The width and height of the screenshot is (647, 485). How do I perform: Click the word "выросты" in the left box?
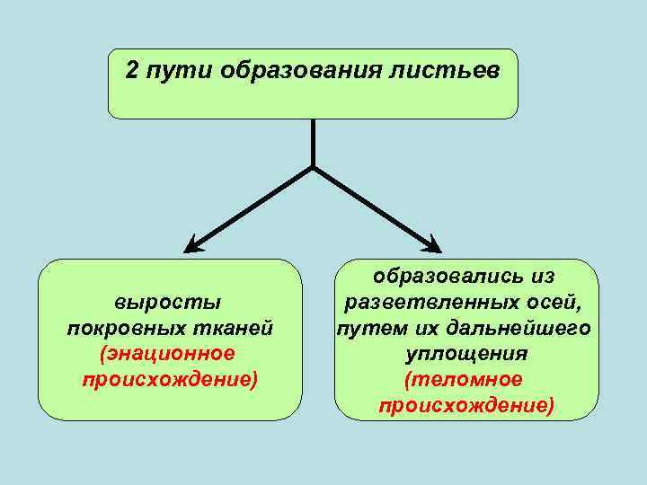[169, 302]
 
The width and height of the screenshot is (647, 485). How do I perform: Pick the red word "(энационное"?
[169, 354]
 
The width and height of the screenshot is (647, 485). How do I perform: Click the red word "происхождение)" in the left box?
[170, 380]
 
